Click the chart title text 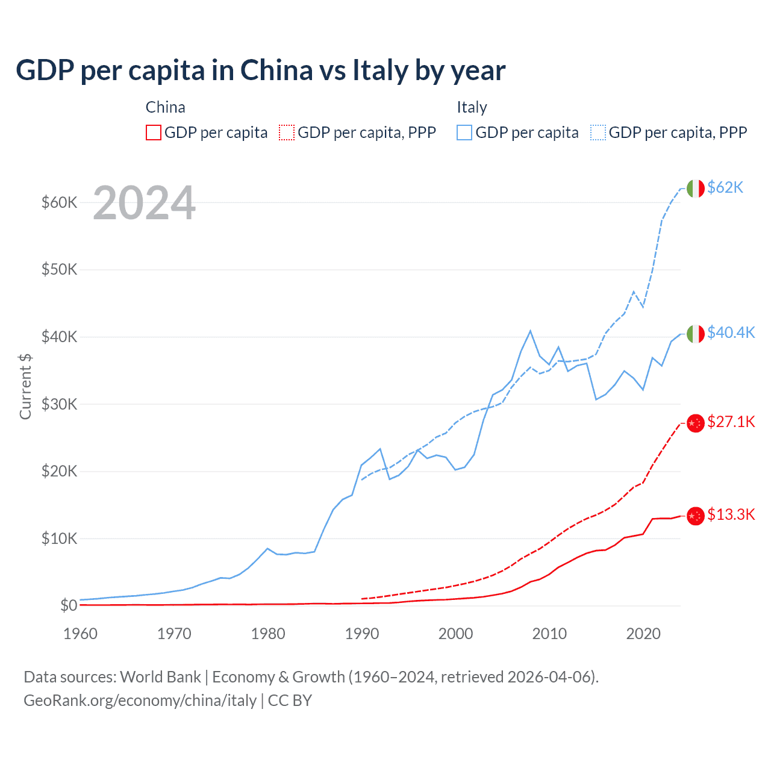[x=260, y=70]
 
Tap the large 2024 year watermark [x=144, y=203]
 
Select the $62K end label [x=725, y=187]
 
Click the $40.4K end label [x=731, y=332]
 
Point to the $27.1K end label [x=731, y=422]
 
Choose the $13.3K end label [x=731, y=514]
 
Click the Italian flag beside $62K [x=696, y=189]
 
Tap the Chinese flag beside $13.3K [x=696, y=516]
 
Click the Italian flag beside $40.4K [x=696, y=334]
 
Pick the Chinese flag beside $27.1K [x=696, y=423]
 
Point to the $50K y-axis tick [x=59, y=269]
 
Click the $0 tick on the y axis [x=69, y=605]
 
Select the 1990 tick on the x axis [x=361, y=634]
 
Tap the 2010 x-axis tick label [x=549, y=634]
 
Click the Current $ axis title [x=25, y=387]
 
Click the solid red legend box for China [x=154, y=133]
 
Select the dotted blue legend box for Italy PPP [x=598, y=133]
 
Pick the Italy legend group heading [x=472, y=107]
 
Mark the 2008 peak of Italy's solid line [x=530, y=331]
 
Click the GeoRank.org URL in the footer [x=140, y=701]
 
